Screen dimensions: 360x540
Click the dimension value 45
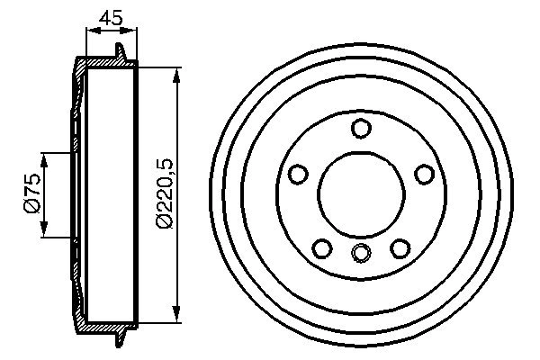coord(111,16)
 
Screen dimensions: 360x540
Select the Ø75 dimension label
coord(32,194)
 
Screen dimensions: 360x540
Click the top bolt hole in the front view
coord(361,129)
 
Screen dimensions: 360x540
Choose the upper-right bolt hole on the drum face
coord(424,175)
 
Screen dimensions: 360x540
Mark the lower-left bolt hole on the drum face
coord(322,247)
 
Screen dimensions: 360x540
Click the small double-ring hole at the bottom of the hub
coord(361,253)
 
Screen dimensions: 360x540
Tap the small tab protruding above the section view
coord(121,49)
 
